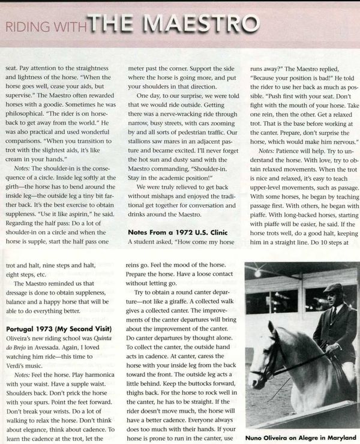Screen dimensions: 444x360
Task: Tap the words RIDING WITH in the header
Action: tap(46, 26)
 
